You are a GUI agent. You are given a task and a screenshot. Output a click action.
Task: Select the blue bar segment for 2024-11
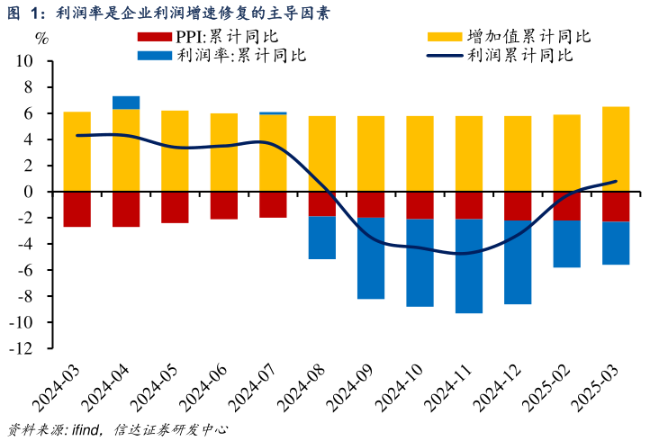coord(469,265)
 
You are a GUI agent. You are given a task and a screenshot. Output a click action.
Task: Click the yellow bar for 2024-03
coord(77,151)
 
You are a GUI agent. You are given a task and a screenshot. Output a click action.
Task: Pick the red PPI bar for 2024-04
coord(126,209)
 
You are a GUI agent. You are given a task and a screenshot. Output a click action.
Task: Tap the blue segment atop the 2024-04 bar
coord(126,102)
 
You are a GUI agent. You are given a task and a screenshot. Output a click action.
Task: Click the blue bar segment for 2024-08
coord(321,238)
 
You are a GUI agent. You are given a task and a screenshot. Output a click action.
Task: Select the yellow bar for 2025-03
coord(616,149)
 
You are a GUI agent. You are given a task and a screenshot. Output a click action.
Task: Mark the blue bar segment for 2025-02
coord(567,244)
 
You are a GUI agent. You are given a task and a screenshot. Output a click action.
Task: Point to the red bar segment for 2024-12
coord(518,206)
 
